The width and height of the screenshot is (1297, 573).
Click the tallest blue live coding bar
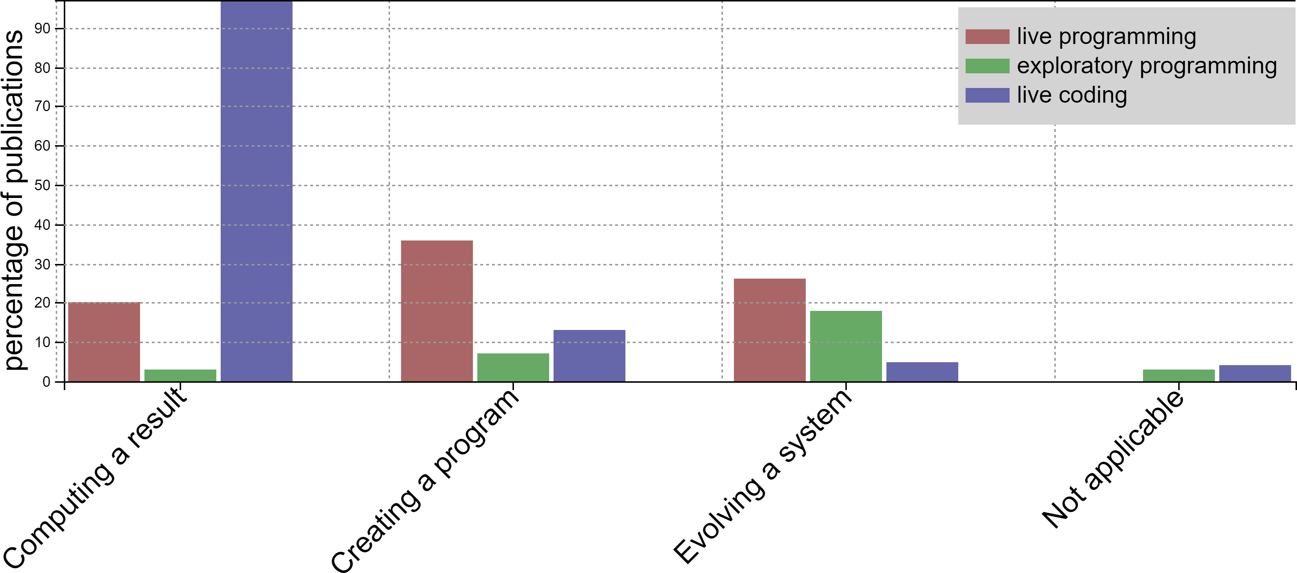pos(256,191)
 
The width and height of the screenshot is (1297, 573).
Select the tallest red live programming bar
pos(437,311)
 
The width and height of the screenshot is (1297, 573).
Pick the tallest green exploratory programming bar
pos(846,346)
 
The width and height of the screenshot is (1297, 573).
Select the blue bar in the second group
pos(589,356)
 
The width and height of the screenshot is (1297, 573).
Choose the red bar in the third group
pos(769,330)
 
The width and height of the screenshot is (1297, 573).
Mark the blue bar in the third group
pos(922,372)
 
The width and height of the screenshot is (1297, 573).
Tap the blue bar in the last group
pos(1255,373)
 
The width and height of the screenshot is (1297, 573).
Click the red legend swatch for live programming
pos(987,37)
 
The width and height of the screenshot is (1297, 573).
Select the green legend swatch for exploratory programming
pos(987,66)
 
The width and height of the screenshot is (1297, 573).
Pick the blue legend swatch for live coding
pos(987,95)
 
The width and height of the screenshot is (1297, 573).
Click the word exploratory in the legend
pos(1074,66)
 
